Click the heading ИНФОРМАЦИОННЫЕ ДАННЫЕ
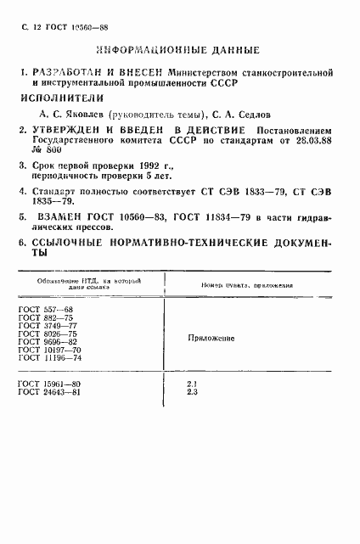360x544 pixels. pyautogui.click(x=181, y=48)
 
